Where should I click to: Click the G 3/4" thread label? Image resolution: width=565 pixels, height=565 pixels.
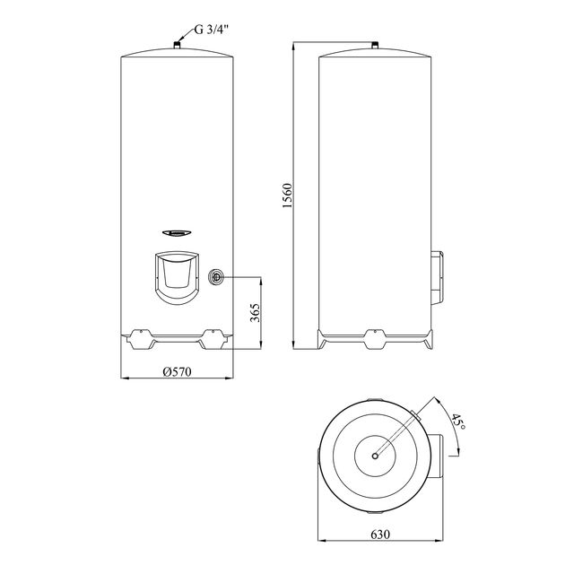tap(212, 30)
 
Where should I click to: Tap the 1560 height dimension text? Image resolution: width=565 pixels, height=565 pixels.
tap(288, 196)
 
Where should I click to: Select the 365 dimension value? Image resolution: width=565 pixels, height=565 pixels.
tap(255, 313)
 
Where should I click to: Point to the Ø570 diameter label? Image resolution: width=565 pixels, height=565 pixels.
tap(177, 371)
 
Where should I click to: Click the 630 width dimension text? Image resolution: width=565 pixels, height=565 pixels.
tap(380, 534)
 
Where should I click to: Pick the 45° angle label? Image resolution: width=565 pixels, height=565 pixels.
tap(458, 422)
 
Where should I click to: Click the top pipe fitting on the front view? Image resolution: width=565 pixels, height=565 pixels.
tap(177, 45)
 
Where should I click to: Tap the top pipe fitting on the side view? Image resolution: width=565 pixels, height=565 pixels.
tap(375, 46)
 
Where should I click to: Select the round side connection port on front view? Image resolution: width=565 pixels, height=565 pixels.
tap(216, 277)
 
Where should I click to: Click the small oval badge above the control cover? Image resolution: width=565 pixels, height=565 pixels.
tap(177, 233)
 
